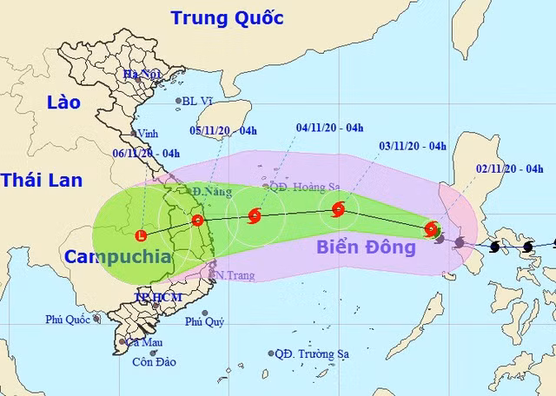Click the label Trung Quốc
tap(227, 16)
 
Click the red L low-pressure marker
tap(142, 234)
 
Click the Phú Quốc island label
tap(68, 320)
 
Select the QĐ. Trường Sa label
tap(315, 354)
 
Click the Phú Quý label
tap(205, 321)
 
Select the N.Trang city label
tap(228, 274)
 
